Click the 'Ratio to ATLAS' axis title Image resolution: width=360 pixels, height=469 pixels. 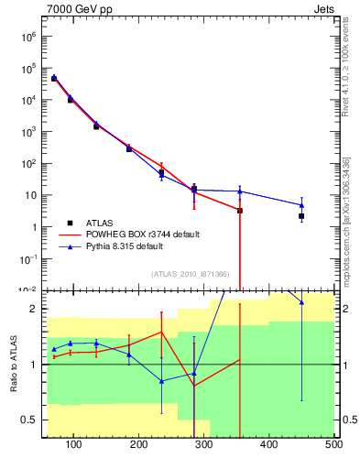click(14, 365)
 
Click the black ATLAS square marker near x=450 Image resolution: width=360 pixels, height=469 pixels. click(301, 216)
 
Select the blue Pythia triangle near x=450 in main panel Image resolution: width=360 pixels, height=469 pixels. click(301, 205)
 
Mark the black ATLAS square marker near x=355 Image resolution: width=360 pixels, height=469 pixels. click(240, 211)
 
